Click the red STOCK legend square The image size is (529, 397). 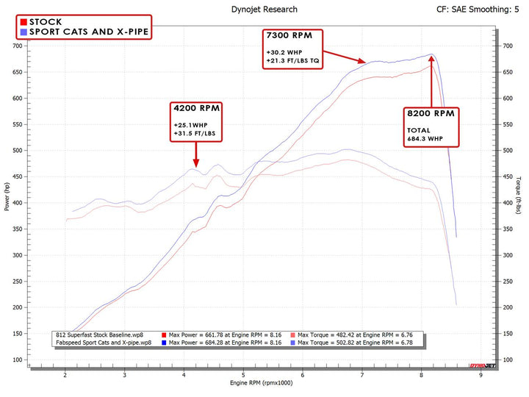(x=24, y=22)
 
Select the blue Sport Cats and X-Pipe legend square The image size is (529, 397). (x=24, y=32)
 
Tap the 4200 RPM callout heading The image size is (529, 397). (x=196, y=108)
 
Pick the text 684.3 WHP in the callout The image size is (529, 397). (x=425, y=139)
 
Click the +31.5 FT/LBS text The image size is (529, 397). (x=195, y=135)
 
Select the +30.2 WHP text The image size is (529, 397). (x=284, y=52)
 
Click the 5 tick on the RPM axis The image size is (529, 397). (x=243, y=375)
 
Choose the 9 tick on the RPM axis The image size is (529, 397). (x=481, y=375)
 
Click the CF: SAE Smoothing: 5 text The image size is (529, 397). (x=478, y=10)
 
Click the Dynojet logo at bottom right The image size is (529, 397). (x=482, y=365)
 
